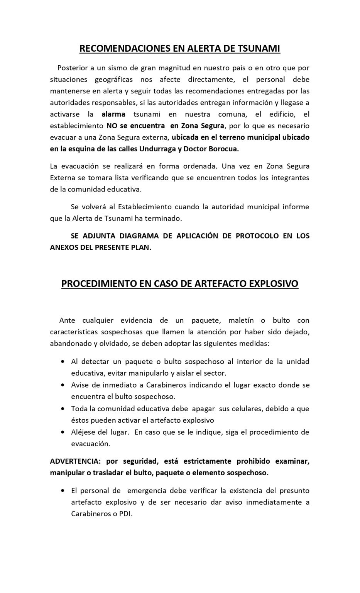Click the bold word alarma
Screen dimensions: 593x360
click(x=113, y=114)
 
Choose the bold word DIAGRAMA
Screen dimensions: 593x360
click(x=146, y=236)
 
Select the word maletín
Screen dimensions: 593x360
click(x=241, y=320)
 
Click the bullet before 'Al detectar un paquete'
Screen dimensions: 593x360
click(x=63, y=362)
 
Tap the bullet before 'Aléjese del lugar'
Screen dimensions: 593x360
click(x=63, y=432)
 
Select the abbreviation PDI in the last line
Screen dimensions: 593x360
click(x=125, y=514)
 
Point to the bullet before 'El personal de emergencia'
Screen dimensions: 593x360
click(x=63, y=491)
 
